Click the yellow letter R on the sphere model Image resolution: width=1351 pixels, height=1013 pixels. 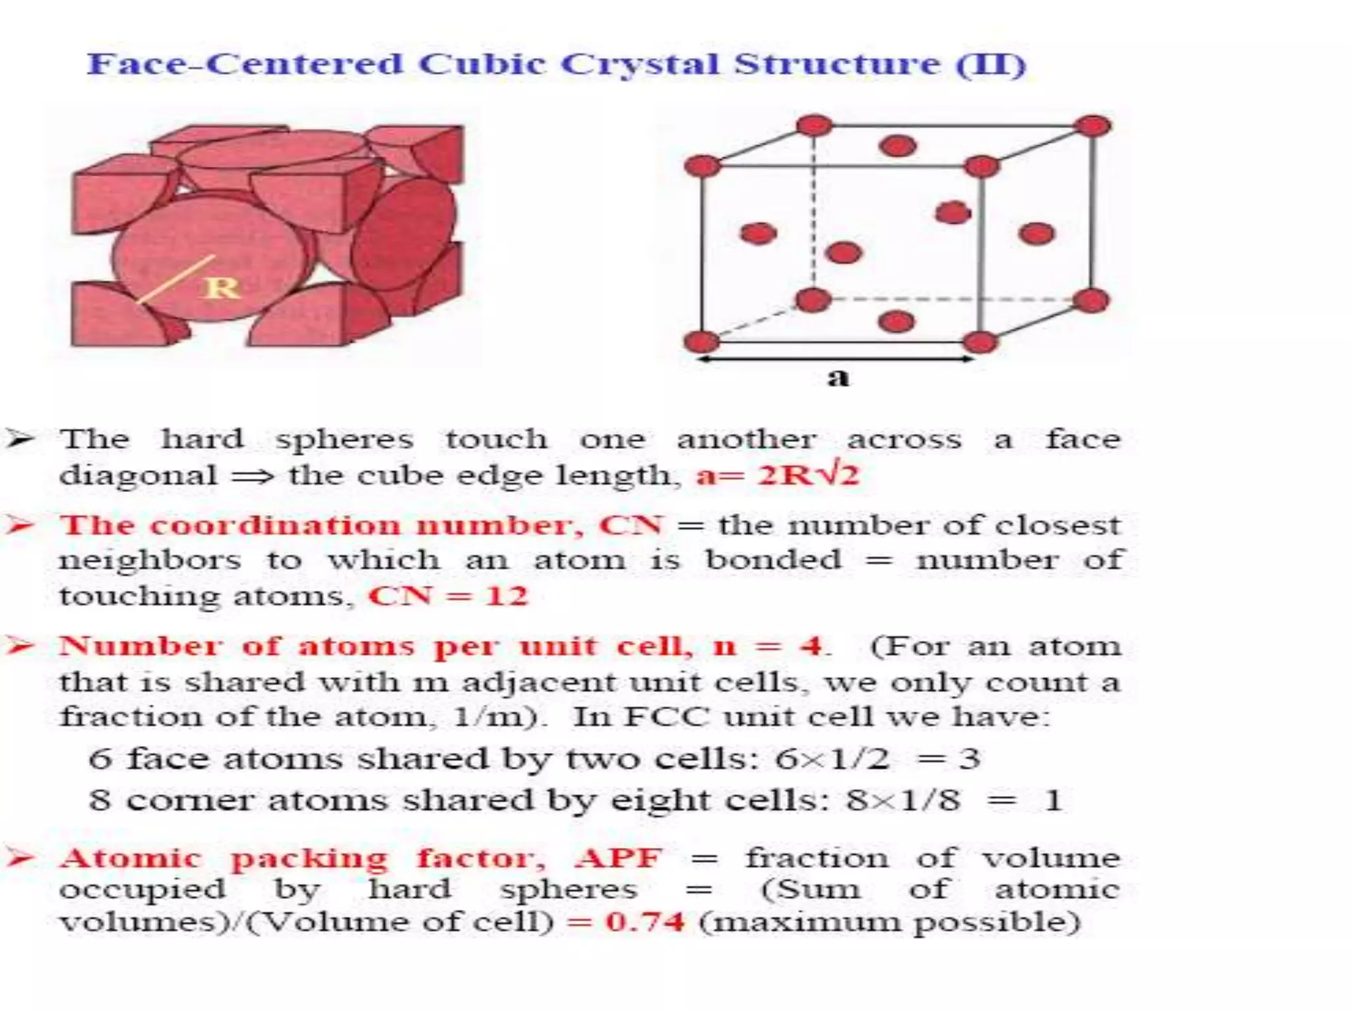point(222,288)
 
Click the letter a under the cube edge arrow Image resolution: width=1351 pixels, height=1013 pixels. point(838,378)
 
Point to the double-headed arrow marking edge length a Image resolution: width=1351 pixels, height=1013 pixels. point(835,359)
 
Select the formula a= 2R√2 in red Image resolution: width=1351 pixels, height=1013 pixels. point(778,475)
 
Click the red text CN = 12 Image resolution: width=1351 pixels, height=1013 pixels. point(448,596)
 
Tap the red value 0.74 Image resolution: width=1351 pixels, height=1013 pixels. point(644,921)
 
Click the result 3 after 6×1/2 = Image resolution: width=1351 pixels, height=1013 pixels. point(969,758)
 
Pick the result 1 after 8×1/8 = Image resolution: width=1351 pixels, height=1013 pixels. point(1053,801)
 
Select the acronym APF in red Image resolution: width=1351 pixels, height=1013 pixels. point(618,858)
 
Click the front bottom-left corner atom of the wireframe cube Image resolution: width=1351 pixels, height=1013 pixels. point(701,342)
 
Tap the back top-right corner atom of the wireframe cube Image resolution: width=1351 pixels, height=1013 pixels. point(1093,125)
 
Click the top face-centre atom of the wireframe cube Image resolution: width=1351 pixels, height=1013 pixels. point(898,146)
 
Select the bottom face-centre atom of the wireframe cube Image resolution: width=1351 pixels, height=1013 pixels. point(896,321)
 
